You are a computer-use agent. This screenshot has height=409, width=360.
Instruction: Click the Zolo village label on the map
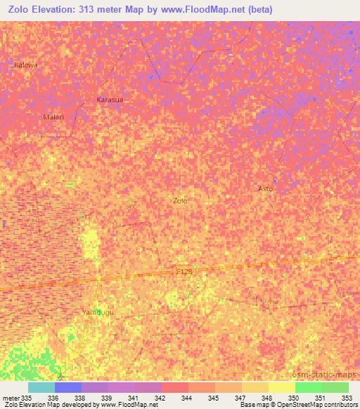pos(180,200)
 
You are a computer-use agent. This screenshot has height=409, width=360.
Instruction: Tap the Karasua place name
pos(110,100)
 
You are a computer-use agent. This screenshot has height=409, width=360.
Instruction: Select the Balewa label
pos(25,65)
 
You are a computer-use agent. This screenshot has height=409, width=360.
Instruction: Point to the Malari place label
pos(53,117)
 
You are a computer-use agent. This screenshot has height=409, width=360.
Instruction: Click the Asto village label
pos(265,189)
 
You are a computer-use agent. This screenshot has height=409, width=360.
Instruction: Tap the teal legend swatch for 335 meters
pos(41,387)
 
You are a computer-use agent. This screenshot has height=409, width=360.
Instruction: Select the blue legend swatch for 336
pos(68,387)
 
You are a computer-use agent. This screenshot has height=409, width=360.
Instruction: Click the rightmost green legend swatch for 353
pos(335,387)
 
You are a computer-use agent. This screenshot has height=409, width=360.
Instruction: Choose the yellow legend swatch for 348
pos(255,387)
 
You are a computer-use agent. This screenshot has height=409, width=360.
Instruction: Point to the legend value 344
pos(187,398)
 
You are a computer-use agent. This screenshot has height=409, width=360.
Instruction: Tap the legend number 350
pos(294,398)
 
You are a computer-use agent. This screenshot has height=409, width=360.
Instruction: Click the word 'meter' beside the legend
pos(10,398)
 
